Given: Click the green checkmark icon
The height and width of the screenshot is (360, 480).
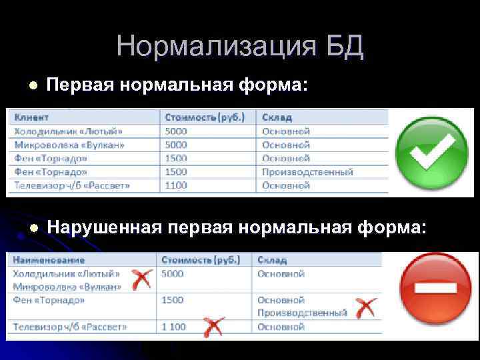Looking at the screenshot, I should [x=428, y=152].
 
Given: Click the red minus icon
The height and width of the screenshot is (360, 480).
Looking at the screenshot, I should [x=435, y=289].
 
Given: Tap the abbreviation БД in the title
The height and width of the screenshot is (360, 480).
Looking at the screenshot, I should [x=344, y=47].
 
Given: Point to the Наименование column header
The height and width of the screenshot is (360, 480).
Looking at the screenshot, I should [x=49, y=260].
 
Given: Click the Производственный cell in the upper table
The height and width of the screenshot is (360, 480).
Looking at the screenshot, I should [x=307, y=171].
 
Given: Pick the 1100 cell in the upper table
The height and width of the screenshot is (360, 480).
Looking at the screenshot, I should [x=177, y=185].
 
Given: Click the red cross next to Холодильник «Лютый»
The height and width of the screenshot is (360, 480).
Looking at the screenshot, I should [x=140, y=279].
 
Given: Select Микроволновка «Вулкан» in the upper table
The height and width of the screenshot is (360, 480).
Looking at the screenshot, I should [x=69, y=144].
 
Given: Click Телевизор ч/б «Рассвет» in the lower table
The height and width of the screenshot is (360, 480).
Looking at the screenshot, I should [x=70, y=327].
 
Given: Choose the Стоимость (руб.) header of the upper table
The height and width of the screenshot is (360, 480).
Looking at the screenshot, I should [x=205, y=117].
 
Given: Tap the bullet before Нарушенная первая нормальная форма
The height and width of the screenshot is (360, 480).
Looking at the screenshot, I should [x=31, y=227].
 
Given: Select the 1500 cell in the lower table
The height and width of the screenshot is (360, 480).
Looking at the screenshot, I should [x=172, y=300].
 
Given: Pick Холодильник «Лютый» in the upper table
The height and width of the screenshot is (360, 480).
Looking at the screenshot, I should [x=69, y=131].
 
